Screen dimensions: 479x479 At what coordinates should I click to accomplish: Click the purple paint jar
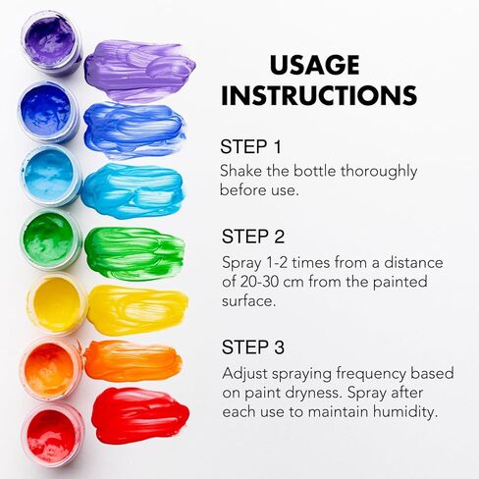51,42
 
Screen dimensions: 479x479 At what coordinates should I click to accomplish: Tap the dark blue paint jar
48,112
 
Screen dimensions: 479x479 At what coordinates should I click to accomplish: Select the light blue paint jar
51,176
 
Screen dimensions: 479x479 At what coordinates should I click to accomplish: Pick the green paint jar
51,239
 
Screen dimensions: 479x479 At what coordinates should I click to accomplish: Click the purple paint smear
140,71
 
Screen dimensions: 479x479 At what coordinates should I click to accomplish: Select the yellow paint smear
138,309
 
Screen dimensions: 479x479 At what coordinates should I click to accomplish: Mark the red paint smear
140,415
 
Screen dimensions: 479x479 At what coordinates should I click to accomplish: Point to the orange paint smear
133,360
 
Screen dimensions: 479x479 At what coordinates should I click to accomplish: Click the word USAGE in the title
314,66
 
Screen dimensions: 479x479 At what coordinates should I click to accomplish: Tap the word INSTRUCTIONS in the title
319,95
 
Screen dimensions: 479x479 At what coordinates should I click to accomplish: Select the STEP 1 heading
250,146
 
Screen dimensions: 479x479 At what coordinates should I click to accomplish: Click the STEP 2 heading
253,237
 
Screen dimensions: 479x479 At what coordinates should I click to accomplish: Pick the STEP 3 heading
253,346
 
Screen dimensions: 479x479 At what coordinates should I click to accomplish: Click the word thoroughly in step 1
379,172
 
